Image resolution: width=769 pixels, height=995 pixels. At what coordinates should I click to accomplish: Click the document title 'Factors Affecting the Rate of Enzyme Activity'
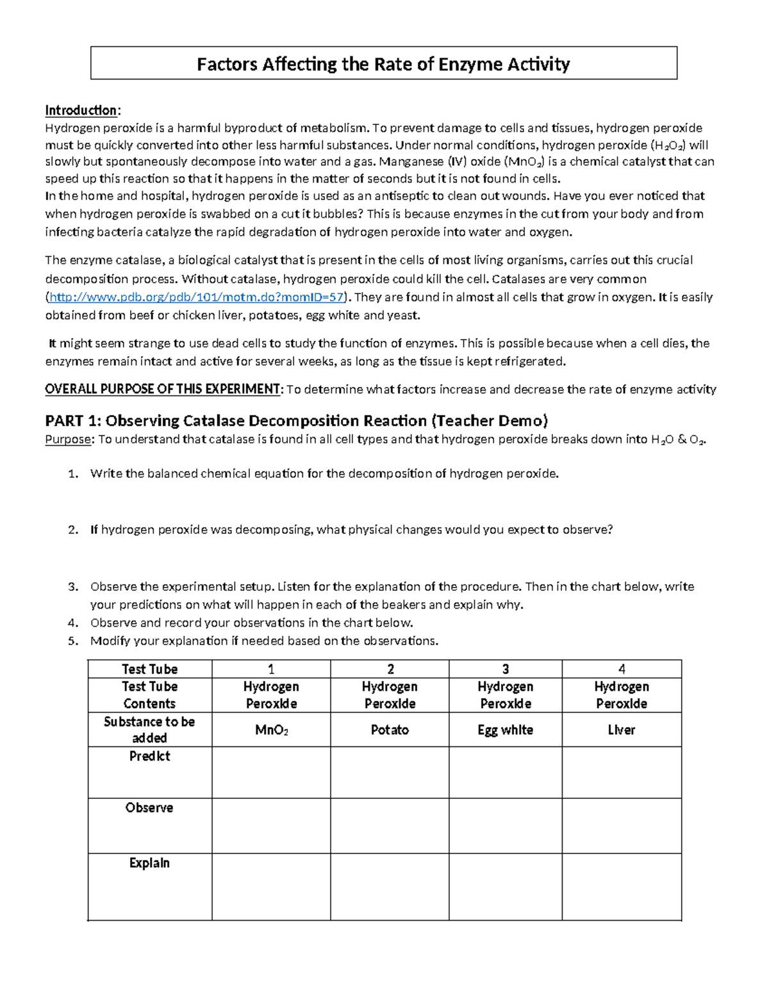coord(383,64)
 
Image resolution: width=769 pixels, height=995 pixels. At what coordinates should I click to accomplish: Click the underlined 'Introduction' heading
coord(81,110)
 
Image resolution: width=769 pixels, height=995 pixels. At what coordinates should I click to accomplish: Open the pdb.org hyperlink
coord(197,297)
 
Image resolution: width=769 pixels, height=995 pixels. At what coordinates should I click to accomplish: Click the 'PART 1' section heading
coord(296,421)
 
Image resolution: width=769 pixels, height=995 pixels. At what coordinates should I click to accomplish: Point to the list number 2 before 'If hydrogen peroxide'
coord(74,530)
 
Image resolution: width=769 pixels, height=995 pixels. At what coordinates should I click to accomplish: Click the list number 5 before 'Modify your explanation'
coord(74,641)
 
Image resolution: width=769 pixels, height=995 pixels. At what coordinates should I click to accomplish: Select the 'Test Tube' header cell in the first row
coord(149,669)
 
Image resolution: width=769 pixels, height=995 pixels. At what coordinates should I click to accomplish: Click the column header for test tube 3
coord(506,669)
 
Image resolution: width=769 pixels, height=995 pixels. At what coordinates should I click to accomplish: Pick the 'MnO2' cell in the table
coord(271,730)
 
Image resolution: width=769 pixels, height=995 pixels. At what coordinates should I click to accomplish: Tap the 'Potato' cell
coord(390,730)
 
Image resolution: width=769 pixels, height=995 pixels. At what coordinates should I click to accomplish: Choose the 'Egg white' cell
coord(506,730)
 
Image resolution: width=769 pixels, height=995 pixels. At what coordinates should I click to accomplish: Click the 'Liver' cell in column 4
coord(622,730)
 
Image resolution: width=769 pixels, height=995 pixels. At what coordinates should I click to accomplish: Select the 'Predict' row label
coord(149,757)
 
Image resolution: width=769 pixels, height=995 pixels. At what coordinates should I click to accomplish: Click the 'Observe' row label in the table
coord(149,808)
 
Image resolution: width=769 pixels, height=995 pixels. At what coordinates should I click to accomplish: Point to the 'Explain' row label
coord(149,863)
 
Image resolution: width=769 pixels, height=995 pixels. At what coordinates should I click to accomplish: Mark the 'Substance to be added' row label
coord(149,730)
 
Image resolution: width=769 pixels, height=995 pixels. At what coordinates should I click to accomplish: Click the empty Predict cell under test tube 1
coord(271,772)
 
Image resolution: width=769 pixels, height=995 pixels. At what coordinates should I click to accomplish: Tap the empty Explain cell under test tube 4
coord(622,887)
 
